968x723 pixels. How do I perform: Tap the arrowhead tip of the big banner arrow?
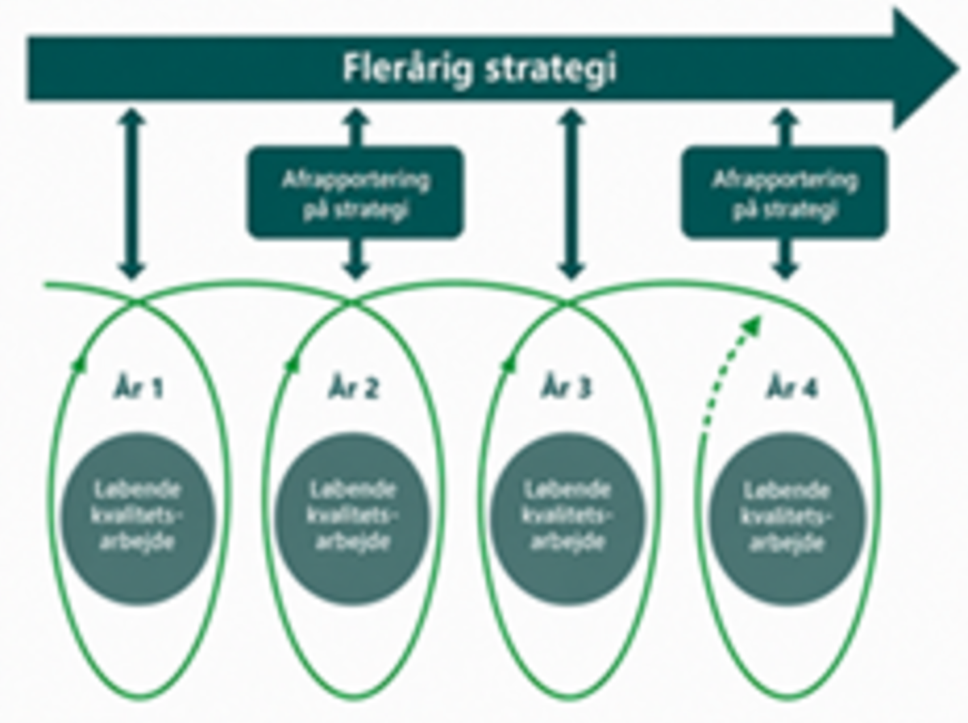click(x=958, y=69)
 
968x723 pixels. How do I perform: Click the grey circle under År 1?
click(x=138, y=519)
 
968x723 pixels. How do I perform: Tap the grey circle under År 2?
click(x=352, y=519)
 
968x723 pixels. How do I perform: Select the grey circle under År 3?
click(x=567, y=519)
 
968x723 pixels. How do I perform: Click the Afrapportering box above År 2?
click(x=356, y=193)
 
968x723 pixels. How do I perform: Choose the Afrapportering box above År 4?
click(x=784, y=193)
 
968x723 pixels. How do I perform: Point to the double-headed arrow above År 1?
click(x=132, y=194)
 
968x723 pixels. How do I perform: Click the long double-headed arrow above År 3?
click(x=571, y=194)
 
